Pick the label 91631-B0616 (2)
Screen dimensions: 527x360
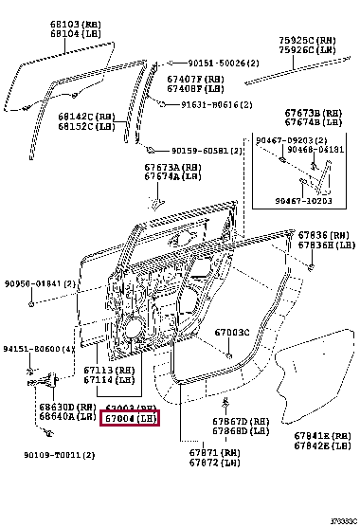(209, 104)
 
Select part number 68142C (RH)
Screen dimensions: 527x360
(86, 116)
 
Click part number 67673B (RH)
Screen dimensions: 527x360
(308, 114)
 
